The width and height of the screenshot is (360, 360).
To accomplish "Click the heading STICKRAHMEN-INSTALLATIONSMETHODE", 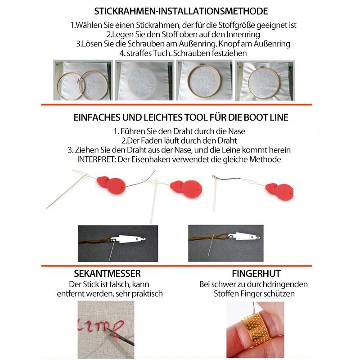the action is click(181, 11).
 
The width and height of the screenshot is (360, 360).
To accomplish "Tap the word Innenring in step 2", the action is click(243, 35).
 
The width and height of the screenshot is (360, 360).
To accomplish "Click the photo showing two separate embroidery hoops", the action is click(83, 81).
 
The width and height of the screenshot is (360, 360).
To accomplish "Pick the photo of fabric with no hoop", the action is click(144, 81).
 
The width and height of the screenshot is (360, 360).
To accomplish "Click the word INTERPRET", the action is click(96, 159).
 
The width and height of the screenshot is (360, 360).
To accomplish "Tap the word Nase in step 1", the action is click(237, 131).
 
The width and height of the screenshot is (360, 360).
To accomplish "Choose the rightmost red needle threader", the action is click(279, 192).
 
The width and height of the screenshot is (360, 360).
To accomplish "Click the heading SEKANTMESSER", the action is click(107, 274).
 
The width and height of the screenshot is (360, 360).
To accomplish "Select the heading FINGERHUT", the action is click(256, 274).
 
